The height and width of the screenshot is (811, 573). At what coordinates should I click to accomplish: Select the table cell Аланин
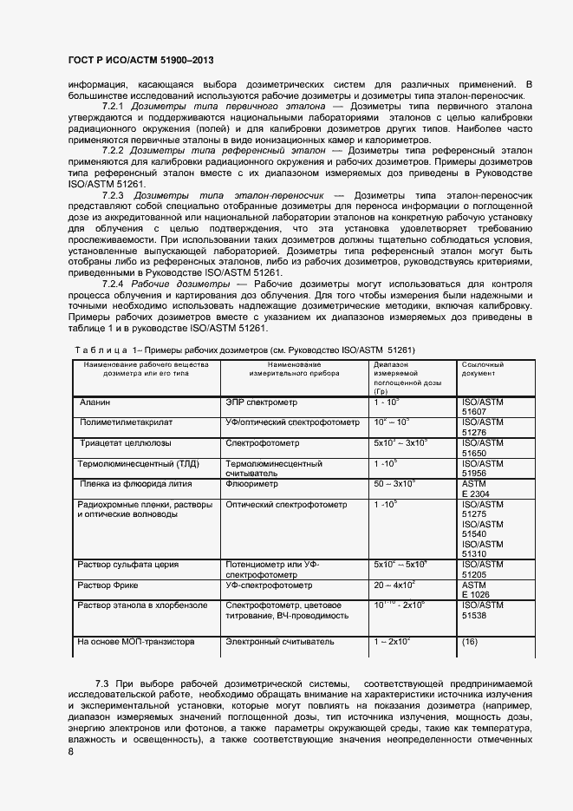coord(95,402)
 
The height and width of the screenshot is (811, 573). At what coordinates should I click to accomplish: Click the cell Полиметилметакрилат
coord(127,422)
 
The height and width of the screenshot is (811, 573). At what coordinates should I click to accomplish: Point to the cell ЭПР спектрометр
coord(261,402)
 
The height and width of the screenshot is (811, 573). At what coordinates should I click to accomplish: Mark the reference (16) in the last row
coord(470,642)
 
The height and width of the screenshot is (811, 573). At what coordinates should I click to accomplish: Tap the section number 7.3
coord(102,684)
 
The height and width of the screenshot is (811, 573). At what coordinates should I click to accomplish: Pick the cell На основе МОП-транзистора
coord(135,642)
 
